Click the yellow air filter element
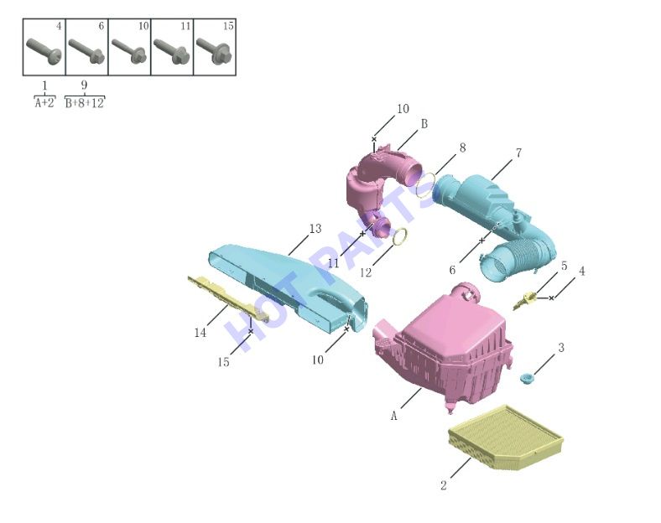click(506, 438)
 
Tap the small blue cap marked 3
click(526, 378)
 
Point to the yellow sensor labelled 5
click(524, 300)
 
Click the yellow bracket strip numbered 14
click(227, 297)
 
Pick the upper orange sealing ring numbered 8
click(425, 185)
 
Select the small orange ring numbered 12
click(400, 236)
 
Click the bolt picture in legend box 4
click(44, 51)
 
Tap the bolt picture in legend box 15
click(214, 51)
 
